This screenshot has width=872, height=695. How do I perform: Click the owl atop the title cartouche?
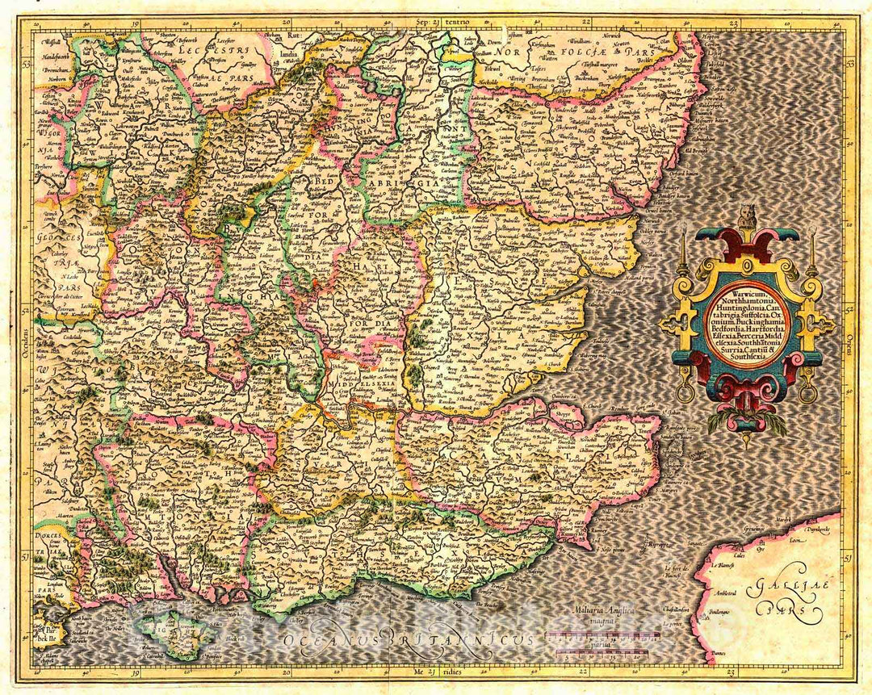(748, 216)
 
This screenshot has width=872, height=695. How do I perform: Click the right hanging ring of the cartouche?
(807, 394)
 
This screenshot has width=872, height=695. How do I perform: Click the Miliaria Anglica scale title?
(602, 611)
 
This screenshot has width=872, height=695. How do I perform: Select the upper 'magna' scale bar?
(602, 635)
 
